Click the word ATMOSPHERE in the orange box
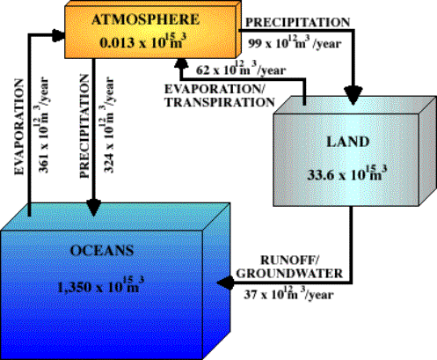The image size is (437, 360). (146, 20)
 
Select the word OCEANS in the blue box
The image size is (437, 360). (102, 251)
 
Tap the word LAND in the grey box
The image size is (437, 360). (348, 142)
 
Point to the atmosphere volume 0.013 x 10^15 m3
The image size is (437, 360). (143, 41)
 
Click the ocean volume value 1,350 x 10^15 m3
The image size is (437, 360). (100, 285)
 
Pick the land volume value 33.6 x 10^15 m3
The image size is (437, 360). (347, 173)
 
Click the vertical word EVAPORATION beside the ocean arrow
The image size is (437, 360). (19, 127)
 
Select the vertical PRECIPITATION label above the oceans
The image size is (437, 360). (84, 126)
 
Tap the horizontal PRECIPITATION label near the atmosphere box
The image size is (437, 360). (298, 22)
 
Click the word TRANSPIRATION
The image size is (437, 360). (220, 102)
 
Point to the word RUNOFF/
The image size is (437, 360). (290, 260)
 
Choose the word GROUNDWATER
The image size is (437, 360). (289, 274)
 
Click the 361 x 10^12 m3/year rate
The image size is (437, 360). (43, 124)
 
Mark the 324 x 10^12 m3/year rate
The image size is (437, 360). (108, 124)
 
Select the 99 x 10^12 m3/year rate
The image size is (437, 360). (295, 42)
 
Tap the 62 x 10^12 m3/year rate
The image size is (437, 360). (241, 69)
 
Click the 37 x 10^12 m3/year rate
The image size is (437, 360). (288, 293)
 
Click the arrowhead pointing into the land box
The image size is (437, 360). (353, 95)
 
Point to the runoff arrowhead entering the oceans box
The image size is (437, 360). (225, 283)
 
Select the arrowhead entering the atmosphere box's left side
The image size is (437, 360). (58, 35)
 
